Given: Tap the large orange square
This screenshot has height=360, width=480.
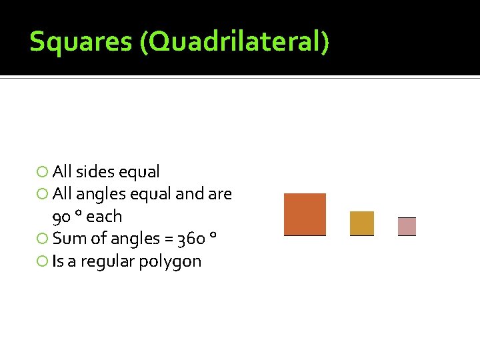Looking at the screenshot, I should tap(305, 214).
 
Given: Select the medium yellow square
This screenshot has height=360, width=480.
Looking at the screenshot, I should tap(362, 223).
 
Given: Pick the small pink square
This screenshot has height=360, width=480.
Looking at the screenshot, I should tap(407, 227).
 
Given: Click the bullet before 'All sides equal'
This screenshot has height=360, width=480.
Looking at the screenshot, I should tap(43, 172).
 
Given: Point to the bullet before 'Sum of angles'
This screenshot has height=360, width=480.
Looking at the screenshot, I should tap(43, 239).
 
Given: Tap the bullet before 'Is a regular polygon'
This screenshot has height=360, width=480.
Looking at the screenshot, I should tap(43, 261).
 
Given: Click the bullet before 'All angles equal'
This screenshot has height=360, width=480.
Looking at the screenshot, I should tap(43, 195).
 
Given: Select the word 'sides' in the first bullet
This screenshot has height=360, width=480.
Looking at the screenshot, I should tap(95, 172).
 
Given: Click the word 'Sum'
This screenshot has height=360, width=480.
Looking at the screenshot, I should tap(66, 239).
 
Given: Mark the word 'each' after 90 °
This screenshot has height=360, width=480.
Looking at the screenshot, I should tap(105, 217).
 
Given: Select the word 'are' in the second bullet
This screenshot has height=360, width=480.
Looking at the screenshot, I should tap(220, 195).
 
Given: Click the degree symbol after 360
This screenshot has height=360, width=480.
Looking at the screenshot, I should tap(213, 235).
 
